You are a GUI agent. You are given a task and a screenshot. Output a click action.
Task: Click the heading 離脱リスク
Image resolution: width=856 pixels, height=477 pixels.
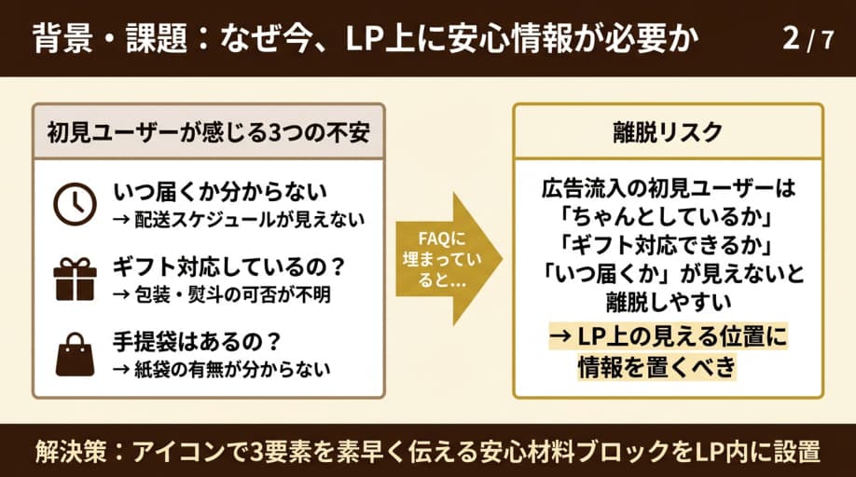click(x=668, y=132)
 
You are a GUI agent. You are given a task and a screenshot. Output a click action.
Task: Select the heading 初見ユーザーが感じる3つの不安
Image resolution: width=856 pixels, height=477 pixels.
click(x=209, y=132)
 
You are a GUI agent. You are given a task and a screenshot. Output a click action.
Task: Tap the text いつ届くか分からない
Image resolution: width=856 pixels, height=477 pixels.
click(x=220, y=193)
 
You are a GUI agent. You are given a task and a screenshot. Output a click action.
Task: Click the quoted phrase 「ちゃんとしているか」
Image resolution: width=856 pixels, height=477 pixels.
click(x=667, y=217)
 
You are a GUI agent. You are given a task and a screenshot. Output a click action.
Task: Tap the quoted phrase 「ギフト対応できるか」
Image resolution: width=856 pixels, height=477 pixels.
click(x=667, y=246)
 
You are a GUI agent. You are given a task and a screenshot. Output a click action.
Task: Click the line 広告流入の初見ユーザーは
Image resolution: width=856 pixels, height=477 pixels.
click(x=667, y=188)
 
